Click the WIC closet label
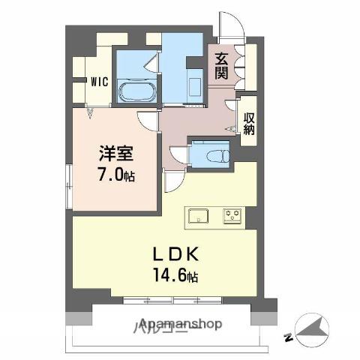(98, 82)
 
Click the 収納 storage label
(248, 123)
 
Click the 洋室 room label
(116, 154)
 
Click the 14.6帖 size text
(177, 276)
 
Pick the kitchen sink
(199, 217)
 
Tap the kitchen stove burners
(231, 217)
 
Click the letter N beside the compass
(289, 339)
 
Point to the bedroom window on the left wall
(68, 180)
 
